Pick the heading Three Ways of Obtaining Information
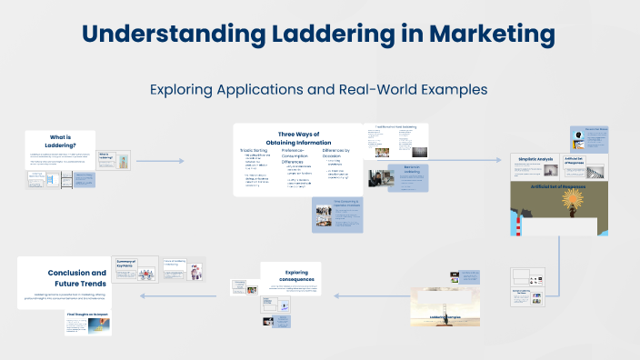[298, 138]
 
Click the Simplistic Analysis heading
[535, 160]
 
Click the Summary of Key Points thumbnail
[131, 274]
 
